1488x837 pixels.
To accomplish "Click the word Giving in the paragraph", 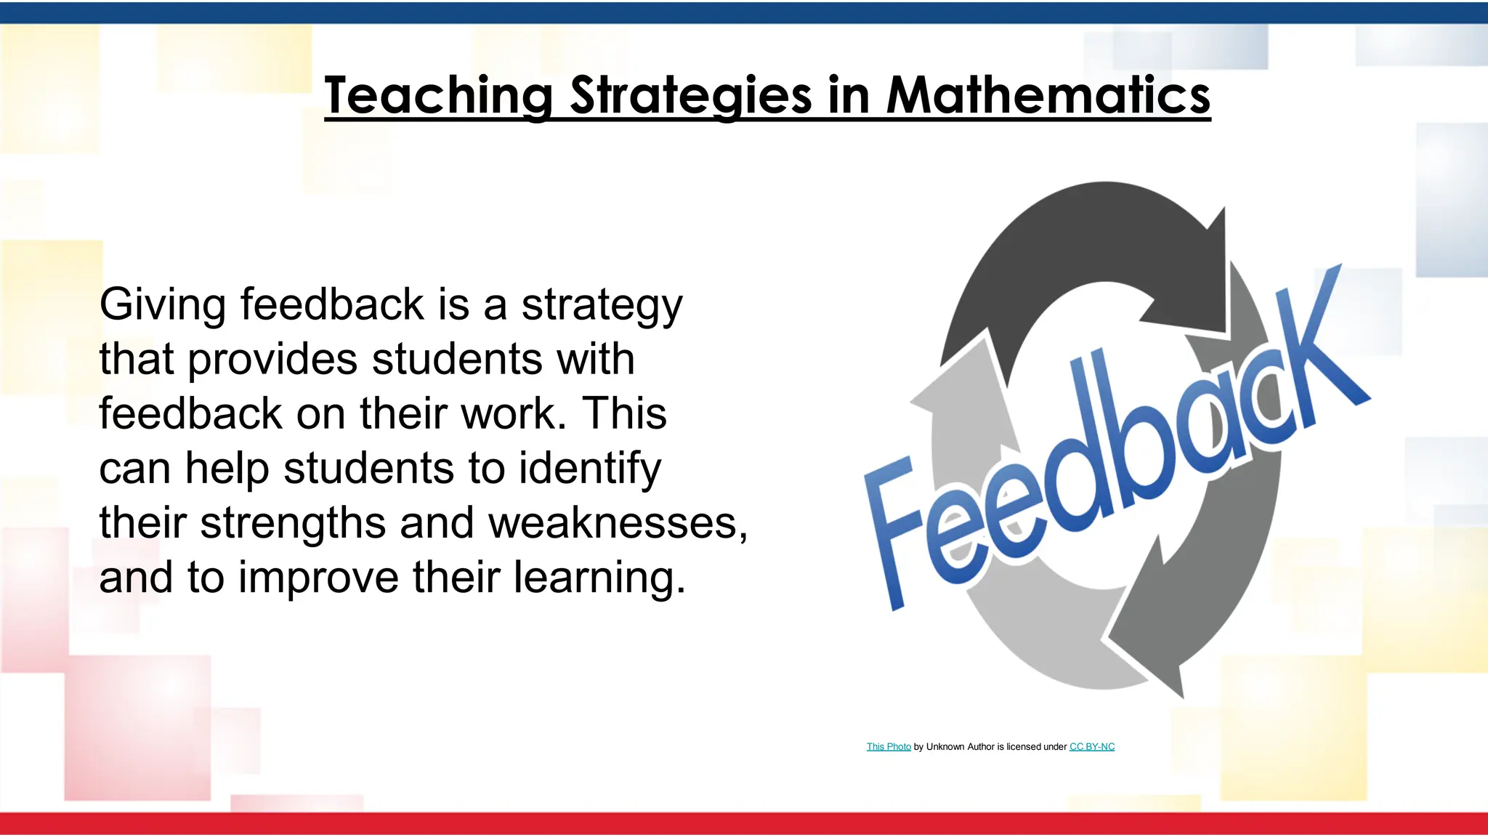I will coord(162,304).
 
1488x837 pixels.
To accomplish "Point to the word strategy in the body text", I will coord(602,304).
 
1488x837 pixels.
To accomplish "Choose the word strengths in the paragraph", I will coord(292,522).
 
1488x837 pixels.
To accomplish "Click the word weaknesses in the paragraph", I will coord(612,522).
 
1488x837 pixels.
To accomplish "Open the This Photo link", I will coord(888,747).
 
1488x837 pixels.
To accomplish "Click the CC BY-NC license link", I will coord(1091,747).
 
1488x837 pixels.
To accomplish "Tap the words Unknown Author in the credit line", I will coord(960,747).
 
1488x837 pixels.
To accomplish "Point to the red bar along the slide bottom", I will coord(744,824).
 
